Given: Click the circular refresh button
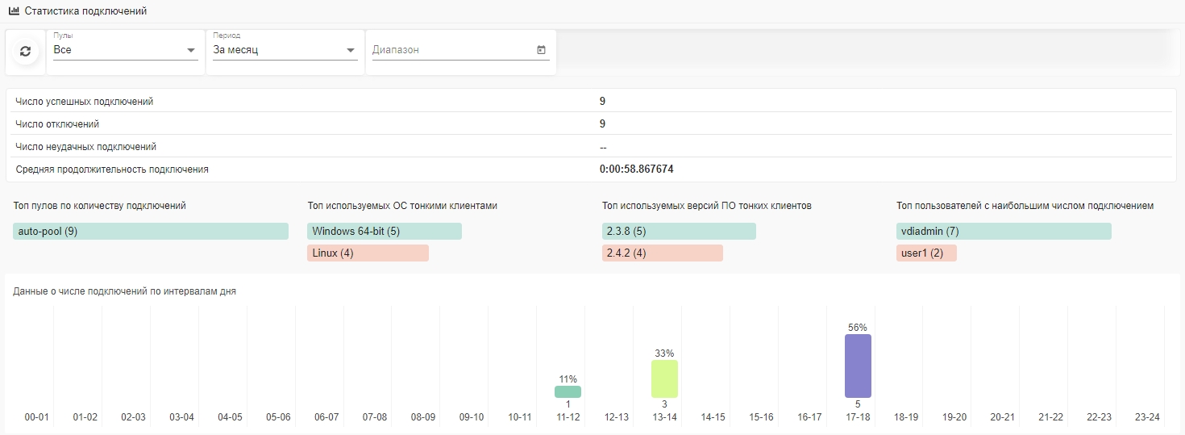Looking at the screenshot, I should (25, 52).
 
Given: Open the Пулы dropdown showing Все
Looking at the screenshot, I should (125, 50).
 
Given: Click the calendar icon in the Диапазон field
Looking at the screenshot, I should (541, 50).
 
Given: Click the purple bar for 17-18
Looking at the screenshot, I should (858, 366).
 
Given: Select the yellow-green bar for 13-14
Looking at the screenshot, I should (664, 379).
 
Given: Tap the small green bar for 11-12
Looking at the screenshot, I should (568, 391).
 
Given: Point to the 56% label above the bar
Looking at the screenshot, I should (858, 328).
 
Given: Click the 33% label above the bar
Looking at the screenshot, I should (664, 353).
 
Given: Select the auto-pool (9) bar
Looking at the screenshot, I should (151, 232).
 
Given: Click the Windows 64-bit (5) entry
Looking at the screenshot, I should (385, 232).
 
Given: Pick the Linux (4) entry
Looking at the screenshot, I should (368, 253).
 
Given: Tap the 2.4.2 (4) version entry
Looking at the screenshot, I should (662, 253).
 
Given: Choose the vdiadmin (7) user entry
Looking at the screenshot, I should (1004, 232).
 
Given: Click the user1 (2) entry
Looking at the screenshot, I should (926, 253).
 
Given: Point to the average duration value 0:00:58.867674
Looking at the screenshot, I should (637, 169).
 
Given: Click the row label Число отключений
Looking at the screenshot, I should (57, 124).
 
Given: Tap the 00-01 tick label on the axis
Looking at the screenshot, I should (37, 417).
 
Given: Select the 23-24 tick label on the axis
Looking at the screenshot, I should (1147, 417).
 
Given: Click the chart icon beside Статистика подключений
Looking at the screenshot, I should (14, 12).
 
